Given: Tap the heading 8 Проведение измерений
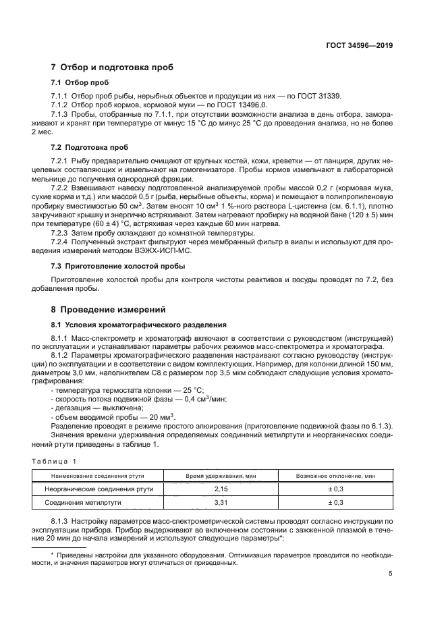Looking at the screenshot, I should [109, 310].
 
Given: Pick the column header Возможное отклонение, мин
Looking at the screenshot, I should [335, 476].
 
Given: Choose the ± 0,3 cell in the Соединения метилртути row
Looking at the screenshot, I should [335, 503].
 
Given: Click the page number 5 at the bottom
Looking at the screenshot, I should [391, 574].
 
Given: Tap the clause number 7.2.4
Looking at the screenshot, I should [61, 241].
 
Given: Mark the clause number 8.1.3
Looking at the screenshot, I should [61, 522].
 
